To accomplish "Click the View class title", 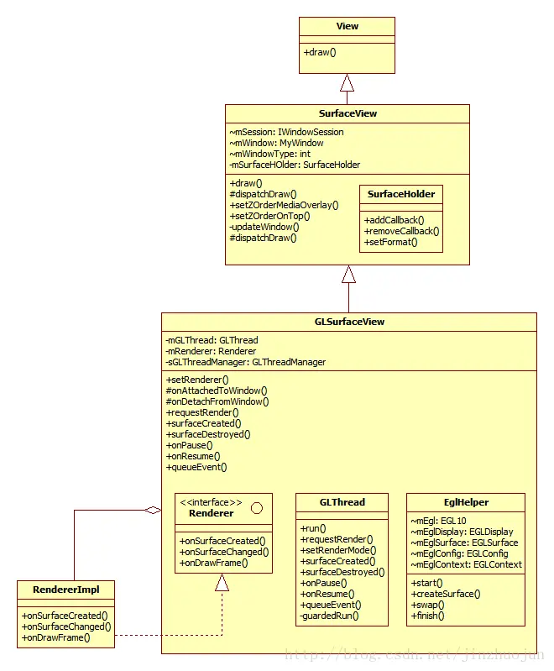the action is tap(347, 26).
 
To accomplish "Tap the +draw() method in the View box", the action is tap(320, 52).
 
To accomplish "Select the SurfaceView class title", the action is tap(348, 113).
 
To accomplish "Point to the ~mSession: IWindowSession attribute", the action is tap(286, 132).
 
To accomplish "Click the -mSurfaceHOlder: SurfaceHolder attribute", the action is tap(295, 165).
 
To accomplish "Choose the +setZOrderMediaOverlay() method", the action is tap(284, 205).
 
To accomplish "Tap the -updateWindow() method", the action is tap(264, 227).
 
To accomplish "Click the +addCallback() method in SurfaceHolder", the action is tap(394, 220).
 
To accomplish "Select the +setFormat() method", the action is tap(390, 242).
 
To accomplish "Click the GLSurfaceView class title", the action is tap(349, 322).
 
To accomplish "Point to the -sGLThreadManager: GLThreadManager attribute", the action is tap(246, 362).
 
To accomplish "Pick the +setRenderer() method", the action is tap(197, 380).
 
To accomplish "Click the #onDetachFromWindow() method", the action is tap(217, 401).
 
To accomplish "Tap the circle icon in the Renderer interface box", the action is tap(257, 508).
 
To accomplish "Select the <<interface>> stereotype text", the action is tap(211, 502).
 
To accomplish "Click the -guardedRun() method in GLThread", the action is tap(329, 616).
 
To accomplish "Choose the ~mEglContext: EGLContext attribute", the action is tap(467, 564).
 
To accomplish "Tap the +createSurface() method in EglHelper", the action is tap(446, 594).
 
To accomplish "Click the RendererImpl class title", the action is tap(65, 590).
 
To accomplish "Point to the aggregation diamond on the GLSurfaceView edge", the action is tap(153, 510).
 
